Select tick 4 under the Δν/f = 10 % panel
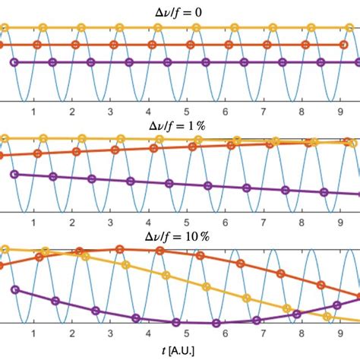coord(149,334)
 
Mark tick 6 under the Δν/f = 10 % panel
coord(226,334)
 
